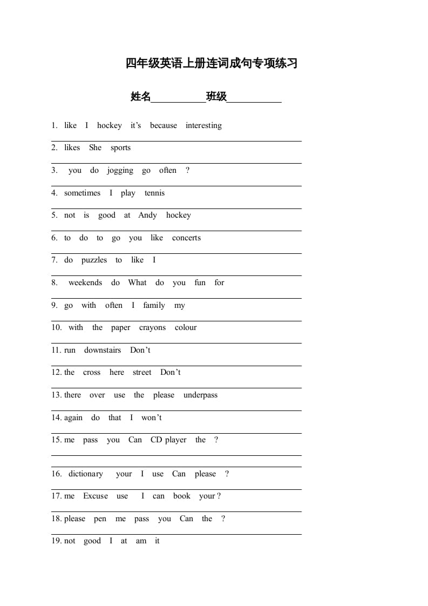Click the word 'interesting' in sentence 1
tap(203, 126)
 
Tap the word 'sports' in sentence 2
tap(120, 148)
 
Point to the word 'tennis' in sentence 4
tap(154, 193)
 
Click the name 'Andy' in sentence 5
tap(147, 216)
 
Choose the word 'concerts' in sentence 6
tap(186, 238)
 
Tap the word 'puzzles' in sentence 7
tap(94, 260)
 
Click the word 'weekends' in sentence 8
tap(85, 282)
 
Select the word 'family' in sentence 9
tap(154, 306)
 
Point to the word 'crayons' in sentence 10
tap(152, 328)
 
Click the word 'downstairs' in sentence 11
tap(103, 350)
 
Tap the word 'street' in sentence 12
tap(142, 373)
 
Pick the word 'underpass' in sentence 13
tap(200, 395)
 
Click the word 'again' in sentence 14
tap(73, 418)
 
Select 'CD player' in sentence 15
tap(168, 440)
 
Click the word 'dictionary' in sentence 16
tap(85, 474)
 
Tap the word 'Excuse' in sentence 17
tap(96, 496)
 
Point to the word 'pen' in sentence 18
tap(100, 519)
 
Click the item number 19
tap(56, 541)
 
